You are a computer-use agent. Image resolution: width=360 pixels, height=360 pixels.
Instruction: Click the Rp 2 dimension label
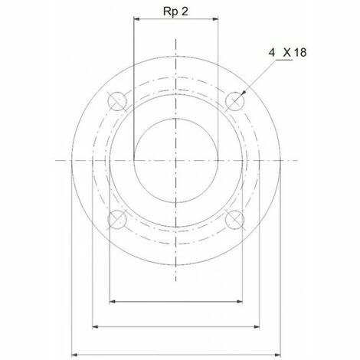(175, 11)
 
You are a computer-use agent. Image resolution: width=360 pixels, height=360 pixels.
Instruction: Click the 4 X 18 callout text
(287, 53)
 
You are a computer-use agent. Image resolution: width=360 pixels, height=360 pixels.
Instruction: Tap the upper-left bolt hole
(117, 101)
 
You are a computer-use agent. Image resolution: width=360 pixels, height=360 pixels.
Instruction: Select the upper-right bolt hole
(234, 101)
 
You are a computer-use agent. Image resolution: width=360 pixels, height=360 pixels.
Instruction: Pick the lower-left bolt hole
(117, 219)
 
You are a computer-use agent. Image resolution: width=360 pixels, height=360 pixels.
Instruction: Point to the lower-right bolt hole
(234, 219)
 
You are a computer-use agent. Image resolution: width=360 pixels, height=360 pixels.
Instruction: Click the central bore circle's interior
(176, 161)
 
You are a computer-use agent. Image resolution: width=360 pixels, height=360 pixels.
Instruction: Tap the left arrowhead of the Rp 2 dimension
(136, 18)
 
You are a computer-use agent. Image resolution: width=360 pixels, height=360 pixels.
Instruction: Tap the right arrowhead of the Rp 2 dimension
(215, 18)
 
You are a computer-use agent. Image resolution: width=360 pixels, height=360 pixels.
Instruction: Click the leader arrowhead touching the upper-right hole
(244, 93)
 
